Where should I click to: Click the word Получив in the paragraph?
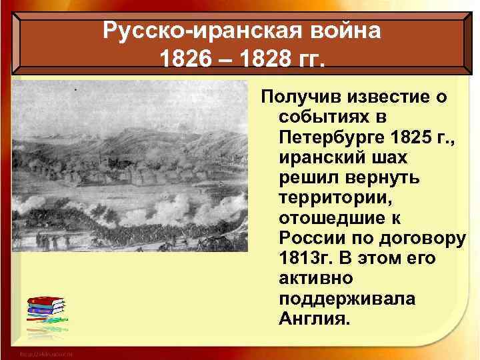[299, 98]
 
